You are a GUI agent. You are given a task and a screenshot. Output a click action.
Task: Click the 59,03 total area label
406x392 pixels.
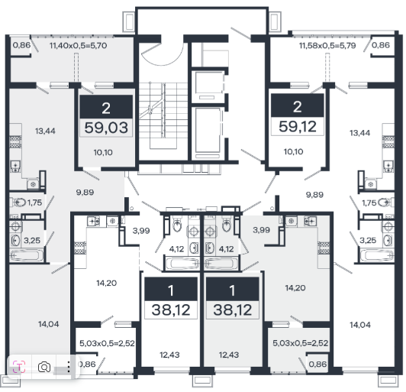[106, 128]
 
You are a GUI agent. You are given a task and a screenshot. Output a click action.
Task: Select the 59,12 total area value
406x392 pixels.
[298, 127]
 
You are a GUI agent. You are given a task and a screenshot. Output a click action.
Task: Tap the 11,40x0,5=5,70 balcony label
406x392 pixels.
[78, 46]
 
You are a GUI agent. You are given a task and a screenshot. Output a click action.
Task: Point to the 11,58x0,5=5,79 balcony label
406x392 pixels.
[327, 46]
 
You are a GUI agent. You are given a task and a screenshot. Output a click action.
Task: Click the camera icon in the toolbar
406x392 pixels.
[44, 367]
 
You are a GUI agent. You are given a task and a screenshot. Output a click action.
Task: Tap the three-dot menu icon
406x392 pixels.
[69, 367]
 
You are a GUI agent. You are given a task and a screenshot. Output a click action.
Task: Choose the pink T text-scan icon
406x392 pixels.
[19, 367]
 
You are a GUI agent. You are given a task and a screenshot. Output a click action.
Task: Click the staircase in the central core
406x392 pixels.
[163, 116]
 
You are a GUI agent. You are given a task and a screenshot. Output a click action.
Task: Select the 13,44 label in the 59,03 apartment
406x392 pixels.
[45, 131]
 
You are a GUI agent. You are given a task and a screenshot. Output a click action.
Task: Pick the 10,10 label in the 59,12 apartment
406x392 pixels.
[293, 151]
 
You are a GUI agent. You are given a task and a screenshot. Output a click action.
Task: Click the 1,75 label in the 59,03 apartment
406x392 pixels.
[34, 202]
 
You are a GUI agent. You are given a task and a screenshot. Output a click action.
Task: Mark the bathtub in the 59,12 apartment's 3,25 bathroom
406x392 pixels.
[377, 255]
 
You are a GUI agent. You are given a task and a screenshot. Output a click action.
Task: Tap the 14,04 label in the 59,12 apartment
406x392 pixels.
[360, 325]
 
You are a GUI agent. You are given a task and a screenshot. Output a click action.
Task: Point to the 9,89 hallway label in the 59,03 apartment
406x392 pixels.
[85, 193]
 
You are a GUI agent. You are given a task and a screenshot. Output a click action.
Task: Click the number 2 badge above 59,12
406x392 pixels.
[298, 105]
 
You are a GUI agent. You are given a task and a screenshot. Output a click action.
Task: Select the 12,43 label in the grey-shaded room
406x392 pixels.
[229, 355]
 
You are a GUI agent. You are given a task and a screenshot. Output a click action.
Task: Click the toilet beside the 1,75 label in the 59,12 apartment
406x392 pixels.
[385, 202]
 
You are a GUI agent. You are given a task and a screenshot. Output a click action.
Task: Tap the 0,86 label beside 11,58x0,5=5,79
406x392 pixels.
[381, 45]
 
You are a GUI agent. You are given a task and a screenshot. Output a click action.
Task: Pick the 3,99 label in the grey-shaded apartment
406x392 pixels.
[262, 230]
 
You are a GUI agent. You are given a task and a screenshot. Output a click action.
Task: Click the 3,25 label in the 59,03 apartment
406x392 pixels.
[32, 241]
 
